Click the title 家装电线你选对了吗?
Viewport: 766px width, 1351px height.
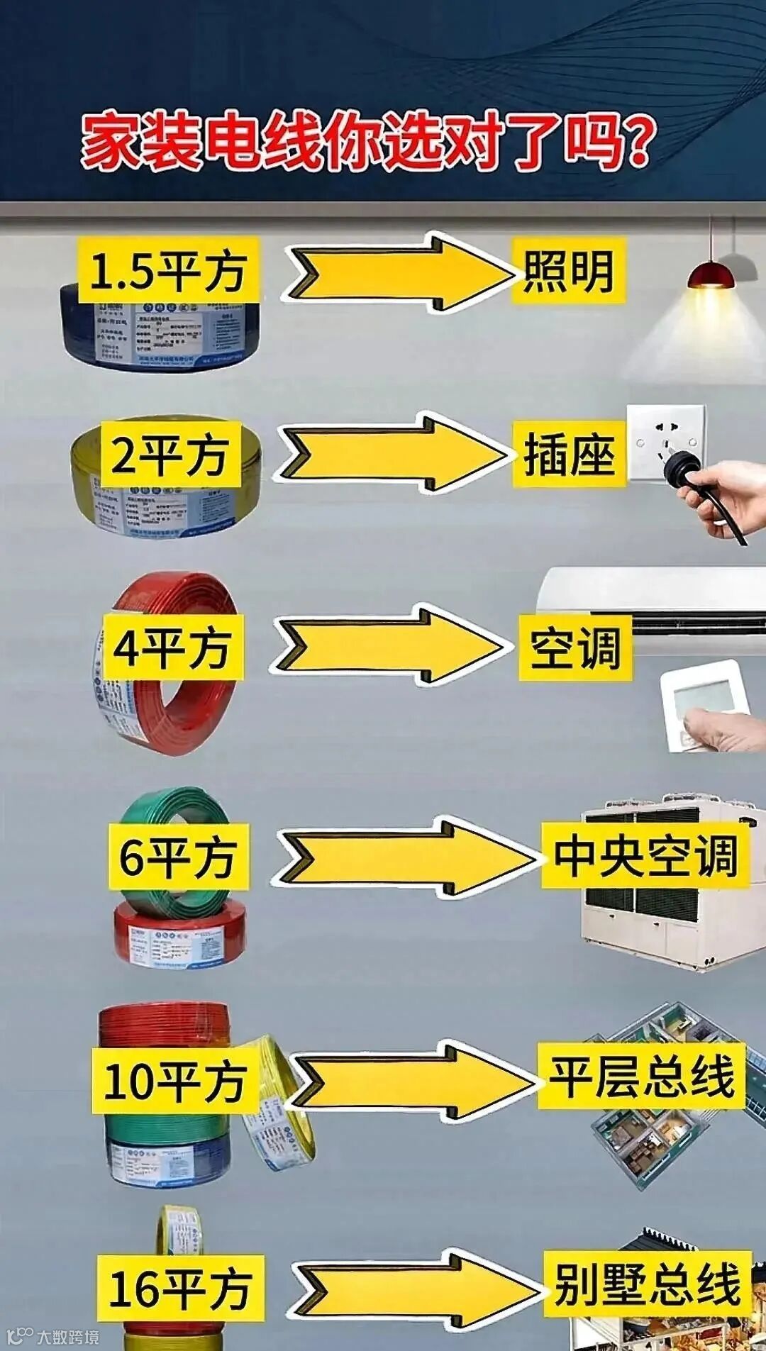pyautogui.click(x=366, y=141)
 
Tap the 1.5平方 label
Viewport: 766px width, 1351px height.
pyautogui.click(x=168, y=271)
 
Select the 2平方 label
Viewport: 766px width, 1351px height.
pyautogui.click(x=170, y=455)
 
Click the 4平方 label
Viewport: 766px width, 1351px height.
pyautogui.click(x=172, y=647)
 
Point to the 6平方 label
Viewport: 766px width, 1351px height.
pyautogui.click(x=178, y=856)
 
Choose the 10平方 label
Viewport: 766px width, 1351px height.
pyautogui.click(x=174, y=1081)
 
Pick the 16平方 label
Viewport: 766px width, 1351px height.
pyautogui.click(x=180, y=1288)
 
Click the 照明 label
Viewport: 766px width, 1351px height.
pyautogui.click(x=568, y=272)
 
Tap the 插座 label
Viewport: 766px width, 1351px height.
pyautogui.click(x=569, y=455)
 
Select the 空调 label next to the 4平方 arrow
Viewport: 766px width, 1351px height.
pyautogui.click(x=574, y=647)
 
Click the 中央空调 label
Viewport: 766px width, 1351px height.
pyautogui.click(x=645, y=855)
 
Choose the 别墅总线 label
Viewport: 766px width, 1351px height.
pyautogui.click(x=647, y=1284)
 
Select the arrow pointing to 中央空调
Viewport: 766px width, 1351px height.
pyautogui.click(x=404, y=857)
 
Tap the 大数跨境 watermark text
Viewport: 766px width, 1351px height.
pyautogui.click(x=68, y=1336)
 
